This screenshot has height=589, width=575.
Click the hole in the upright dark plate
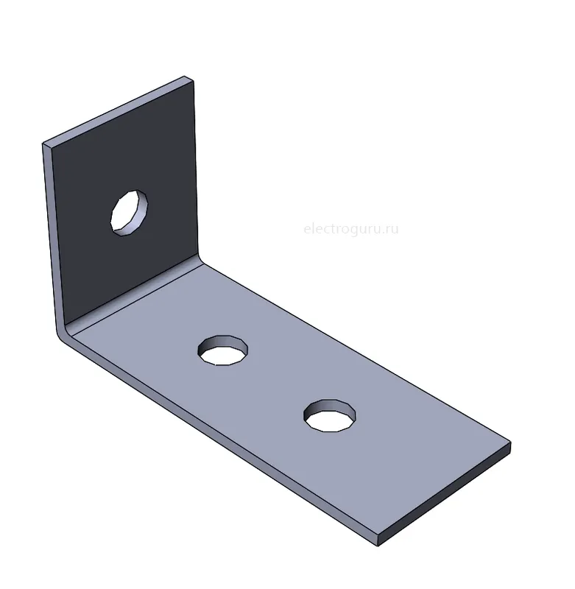click(129, 213)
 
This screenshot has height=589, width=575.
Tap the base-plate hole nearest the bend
click(223, 350)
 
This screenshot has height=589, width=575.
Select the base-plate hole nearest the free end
click(330, 415)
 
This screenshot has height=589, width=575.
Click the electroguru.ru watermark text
click(350, 228)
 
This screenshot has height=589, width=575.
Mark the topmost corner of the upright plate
click(184, 77)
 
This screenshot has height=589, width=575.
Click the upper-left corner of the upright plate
click(43, 144)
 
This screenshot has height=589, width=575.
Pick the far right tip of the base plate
click(511, 443)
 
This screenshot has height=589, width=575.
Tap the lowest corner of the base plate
click(378, 546)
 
